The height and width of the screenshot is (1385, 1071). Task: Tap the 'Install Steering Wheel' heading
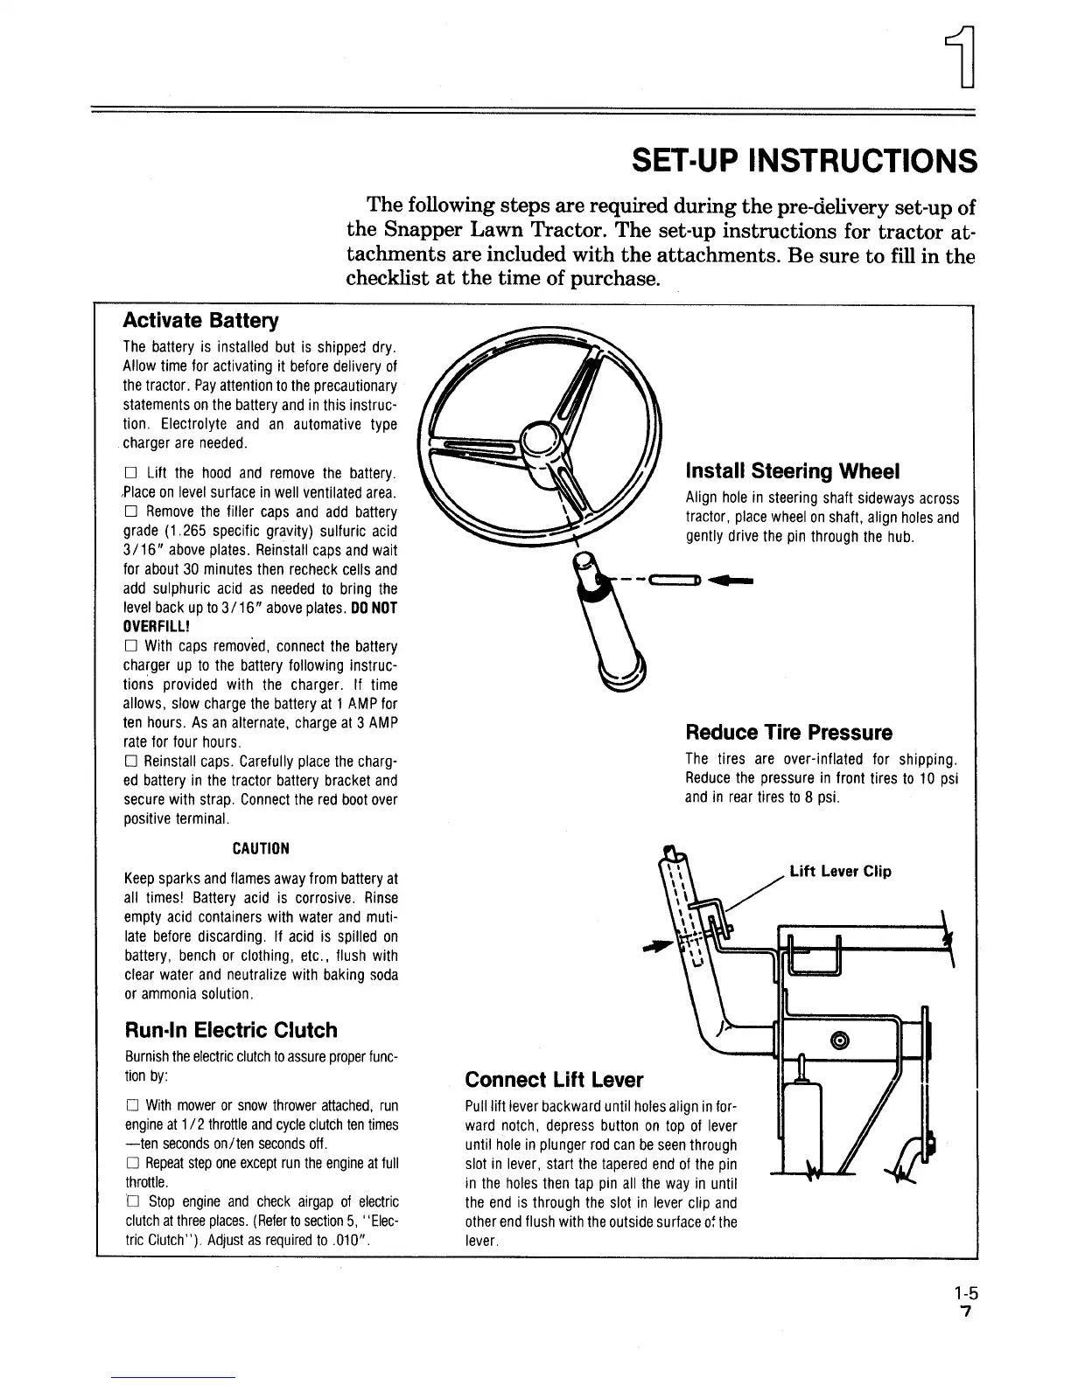click(792, 471)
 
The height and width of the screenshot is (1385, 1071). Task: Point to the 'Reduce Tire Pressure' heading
click(788, 732)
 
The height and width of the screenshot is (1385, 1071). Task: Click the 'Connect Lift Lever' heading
click(554, 1079)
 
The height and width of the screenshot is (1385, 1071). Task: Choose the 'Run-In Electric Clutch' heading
click(230, 1029)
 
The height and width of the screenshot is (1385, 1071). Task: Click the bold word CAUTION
click(260, 848)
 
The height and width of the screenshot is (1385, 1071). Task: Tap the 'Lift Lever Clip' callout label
click(840, 871)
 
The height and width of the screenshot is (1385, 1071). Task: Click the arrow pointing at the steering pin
click(733, 579)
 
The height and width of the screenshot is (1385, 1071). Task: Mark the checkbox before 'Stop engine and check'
click(130, 1201)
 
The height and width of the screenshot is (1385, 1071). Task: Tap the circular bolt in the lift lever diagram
click(840, 1040)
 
